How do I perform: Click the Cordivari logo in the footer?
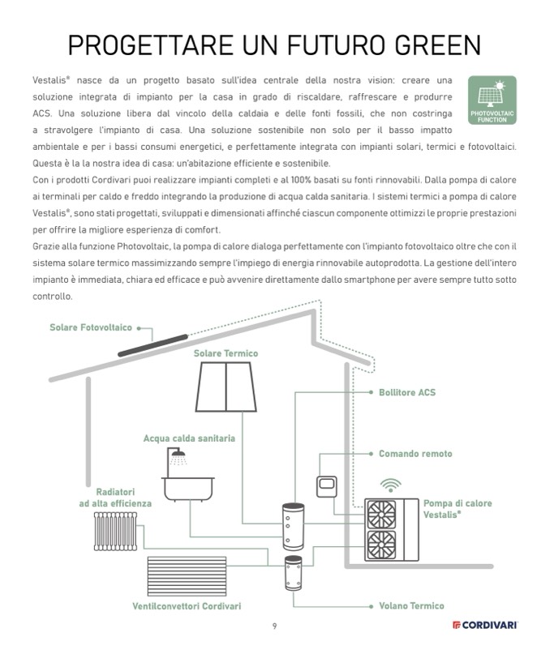tap(485, 625)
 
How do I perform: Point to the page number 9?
tap(275, 625)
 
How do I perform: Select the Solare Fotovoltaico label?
tap(90, 328)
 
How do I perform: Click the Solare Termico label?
tap(226, 354)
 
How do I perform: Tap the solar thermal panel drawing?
tap(226, 388)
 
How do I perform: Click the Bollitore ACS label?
tap(406, 392)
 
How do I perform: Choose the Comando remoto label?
tap(415, 454)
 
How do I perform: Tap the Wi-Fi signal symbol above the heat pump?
tap(391, 485)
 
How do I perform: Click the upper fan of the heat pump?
tap(383, 513)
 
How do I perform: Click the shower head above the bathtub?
tap(181, 456)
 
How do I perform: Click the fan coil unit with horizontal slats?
tap(186, 575)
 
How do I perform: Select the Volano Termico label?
tap(411, 605)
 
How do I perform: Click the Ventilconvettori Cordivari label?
tap(187, 606)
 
